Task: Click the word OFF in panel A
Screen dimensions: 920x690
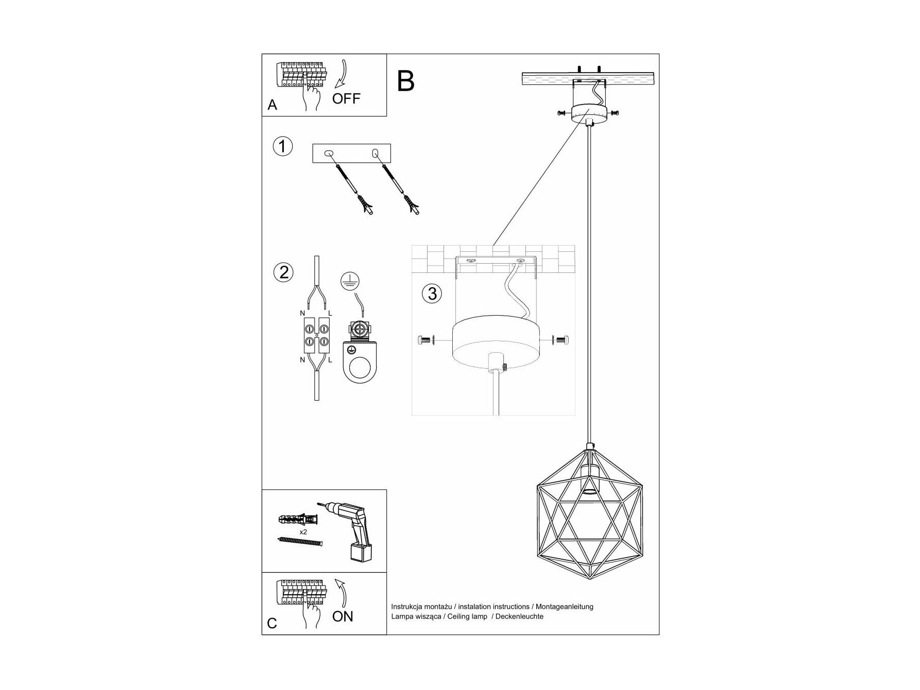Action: pos(346,98)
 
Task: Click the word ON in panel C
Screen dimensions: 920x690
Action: pos(343,616)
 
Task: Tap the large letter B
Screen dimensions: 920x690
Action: pos(406,81)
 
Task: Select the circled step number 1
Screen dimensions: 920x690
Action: pos(282,146)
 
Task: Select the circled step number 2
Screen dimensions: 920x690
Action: pos(283,272)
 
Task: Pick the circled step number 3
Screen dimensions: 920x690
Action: pos(432,294)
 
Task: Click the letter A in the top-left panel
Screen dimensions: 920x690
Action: pos(272,105)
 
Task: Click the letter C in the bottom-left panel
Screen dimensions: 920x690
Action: pos(272,624)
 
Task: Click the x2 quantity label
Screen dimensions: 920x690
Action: pos(303,531)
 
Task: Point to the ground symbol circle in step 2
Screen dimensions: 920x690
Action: pos(350,281)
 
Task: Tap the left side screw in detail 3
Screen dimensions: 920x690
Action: pos(425,340)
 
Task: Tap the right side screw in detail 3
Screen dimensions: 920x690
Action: pos(560,340)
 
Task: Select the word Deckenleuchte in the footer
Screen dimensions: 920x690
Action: pos(519,616)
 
